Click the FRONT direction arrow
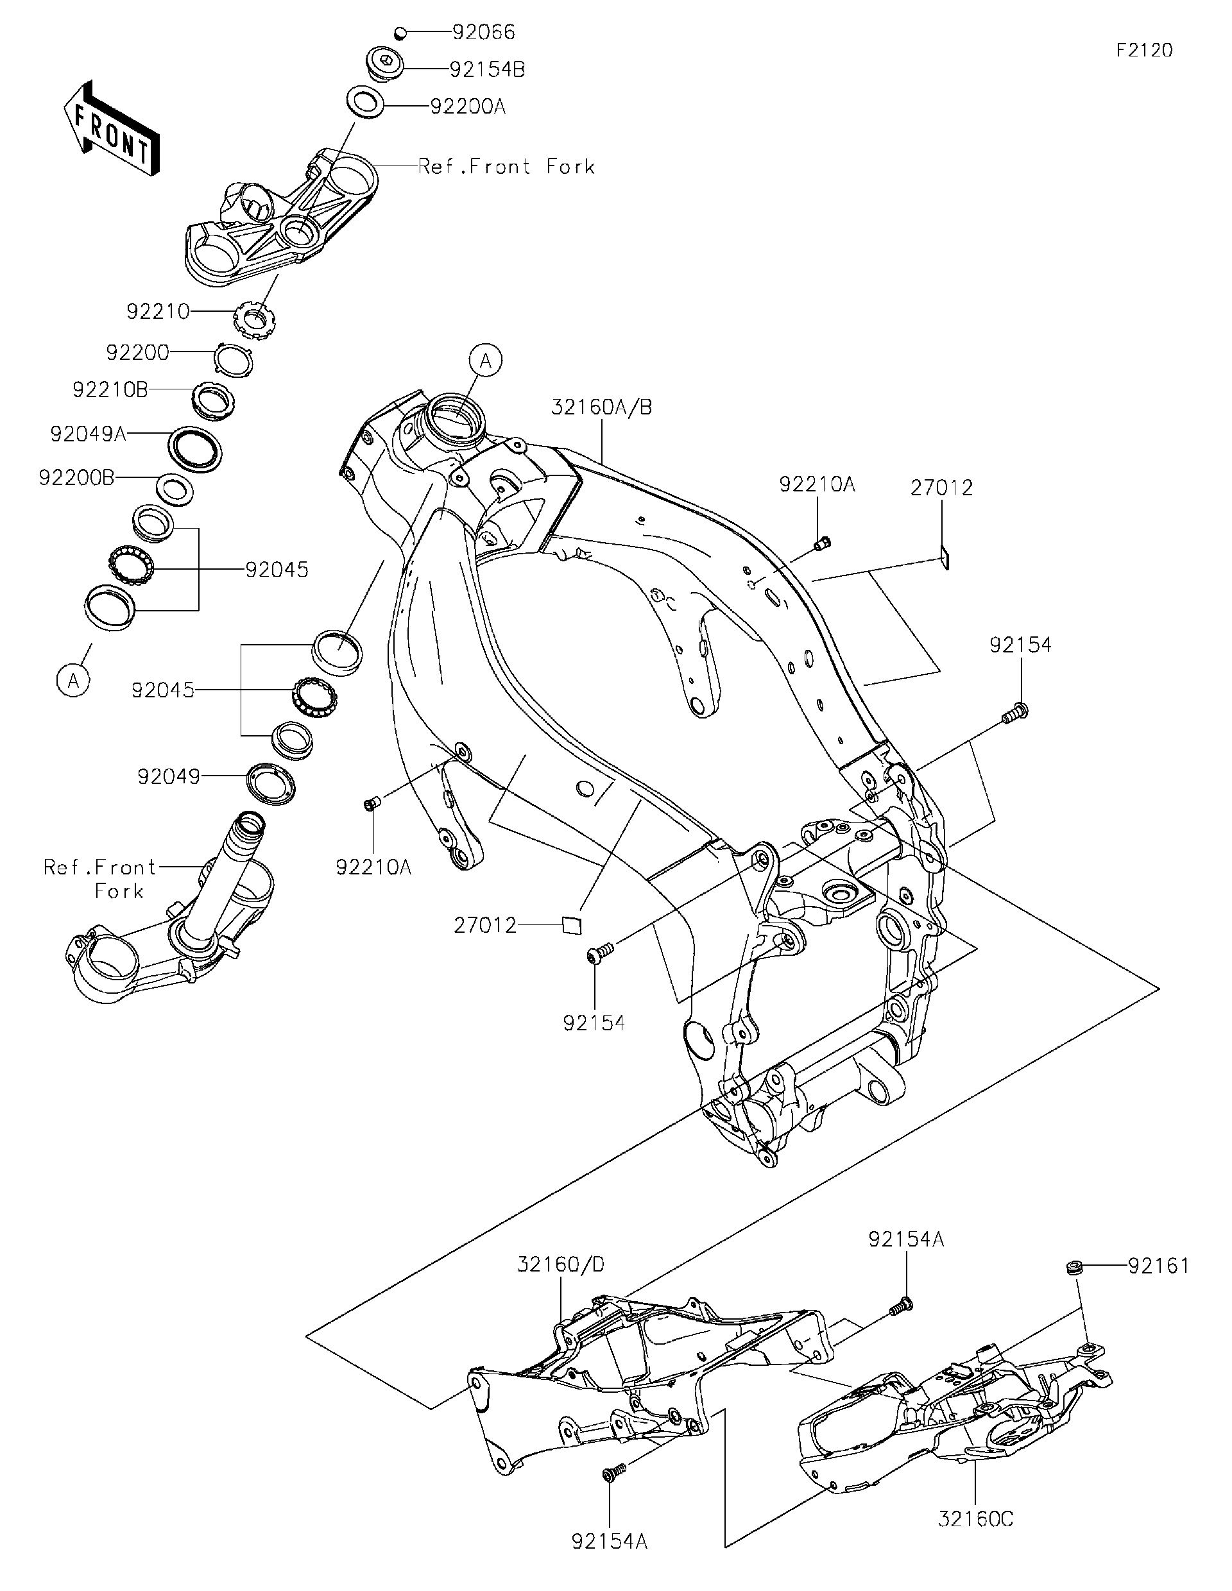pos(111,129)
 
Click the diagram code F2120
pos(1145,50)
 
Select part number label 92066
pos(483,32)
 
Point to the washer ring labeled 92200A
pos(366,101)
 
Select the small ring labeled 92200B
pos(176,489)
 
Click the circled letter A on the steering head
pos(486,361)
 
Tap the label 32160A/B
pos(601,407)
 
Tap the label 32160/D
pos(561,1264)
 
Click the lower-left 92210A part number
pos(373,867)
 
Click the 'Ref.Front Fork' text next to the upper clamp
pos(506,167)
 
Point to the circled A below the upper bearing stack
pos(74,681)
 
